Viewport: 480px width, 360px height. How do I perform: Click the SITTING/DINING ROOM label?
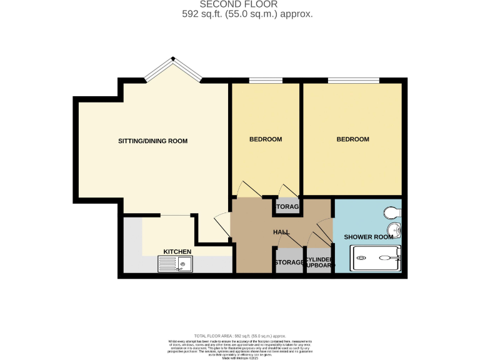tap(152, 141)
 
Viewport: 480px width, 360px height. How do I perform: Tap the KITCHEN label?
tap(177, 251)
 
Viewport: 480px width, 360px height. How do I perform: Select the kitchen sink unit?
tap(175, 264)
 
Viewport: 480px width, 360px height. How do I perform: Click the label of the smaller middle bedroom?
tap(266, 139)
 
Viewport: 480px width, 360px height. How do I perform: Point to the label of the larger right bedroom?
tap(352, 139)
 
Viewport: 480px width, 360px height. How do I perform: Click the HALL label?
tap(281, 232)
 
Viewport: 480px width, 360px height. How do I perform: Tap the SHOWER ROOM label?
tap(369, 237)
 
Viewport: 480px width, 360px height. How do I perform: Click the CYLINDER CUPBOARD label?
tap(319, 262)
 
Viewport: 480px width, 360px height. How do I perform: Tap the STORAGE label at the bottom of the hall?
tap(289, 262)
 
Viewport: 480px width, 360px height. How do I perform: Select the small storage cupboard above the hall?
tap(287, 206)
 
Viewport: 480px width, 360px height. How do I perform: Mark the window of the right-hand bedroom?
tap(353, 81)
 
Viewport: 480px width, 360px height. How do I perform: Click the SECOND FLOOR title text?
tap(239, 4)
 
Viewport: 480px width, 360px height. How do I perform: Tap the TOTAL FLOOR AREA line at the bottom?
tap(239, 336)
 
